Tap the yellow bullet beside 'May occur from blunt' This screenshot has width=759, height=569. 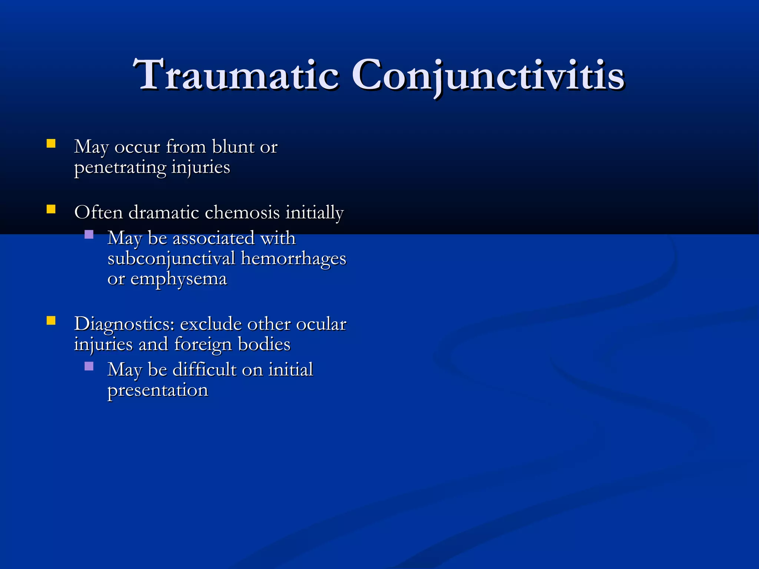[51, 144]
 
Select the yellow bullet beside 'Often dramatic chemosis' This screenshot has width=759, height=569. [51, 210]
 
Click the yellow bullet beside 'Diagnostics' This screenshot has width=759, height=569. [51, 320]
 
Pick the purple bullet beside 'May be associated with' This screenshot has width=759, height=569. [89, 234]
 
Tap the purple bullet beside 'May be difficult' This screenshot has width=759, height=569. [89, 366]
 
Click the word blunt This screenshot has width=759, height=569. [233, 147]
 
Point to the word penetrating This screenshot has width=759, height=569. [120, 167]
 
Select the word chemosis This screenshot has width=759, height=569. [242, 213]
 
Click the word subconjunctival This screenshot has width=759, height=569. [171, 259]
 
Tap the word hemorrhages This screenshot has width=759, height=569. [293, 259]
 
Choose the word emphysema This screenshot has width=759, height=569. [178, 279]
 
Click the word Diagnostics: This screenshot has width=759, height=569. [124, 324]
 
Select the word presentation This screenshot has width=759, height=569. [158, 390]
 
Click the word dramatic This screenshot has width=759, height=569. [164, 213]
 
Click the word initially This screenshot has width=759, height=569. [314, 213]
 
